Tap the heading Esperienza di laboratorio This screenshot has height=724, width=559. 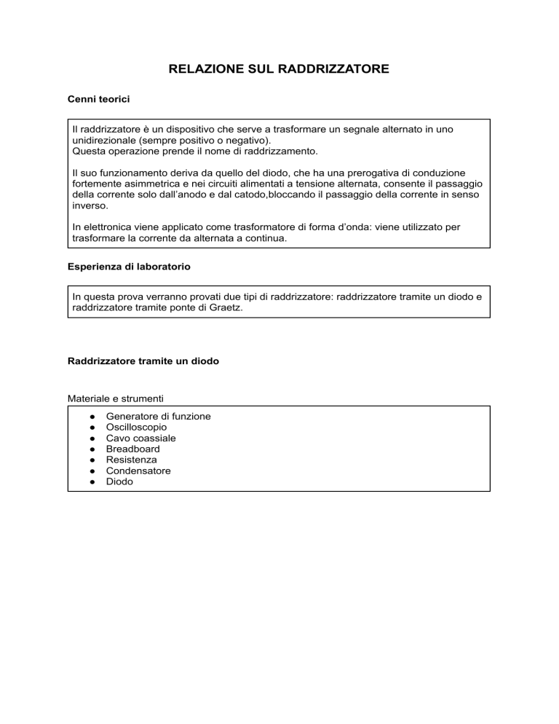pos(129,267)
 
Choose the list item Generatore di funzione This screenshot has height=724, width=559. pos(158,417)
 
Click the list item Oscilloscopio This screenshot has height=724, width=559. pos(136,428)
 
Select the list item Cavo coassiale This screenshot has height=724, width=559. pos(140,438)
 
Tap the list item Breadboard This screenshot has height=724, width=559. pos(132,449)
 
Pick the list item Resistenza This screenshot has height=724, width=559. pos(131,460)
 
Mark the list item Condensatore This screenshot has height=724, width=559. pos(138,471)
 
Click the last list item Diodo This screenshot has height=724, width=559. pos(119,482)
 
